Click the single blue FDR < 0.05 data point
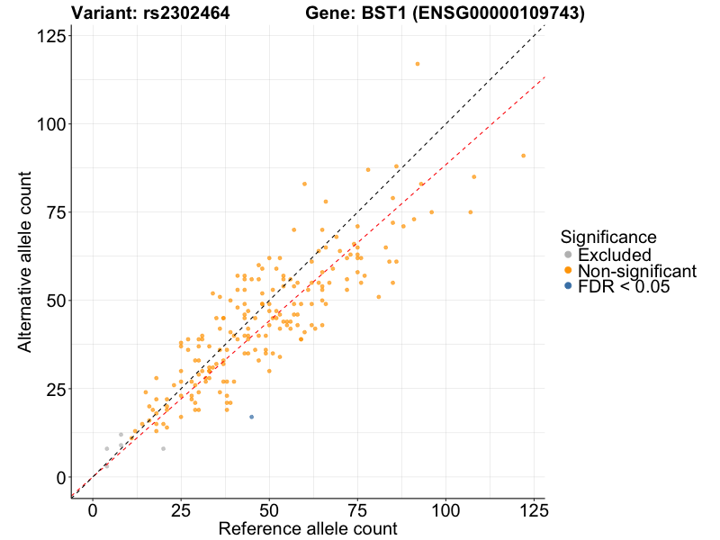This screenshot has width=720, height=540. pyautogui.click(x=251, y=417)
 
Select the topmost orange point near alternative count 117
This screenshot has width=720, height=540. pyautogui.click(x=417, y=64)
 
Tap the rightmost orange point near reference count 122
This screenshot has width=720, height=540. pyautogui.click(x=523, y=156)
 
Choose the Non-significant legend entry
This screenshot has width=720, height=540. pyautogui.click(x=636, y=271)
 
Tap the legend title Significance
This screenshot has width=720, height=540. pyautogui.click(x=608, y=237)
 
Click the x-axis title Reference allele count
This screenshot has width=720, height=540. pyautogui.click(x=308, y=528)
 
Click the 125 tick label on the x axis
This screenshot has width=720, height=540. pyautogui.click(x=534, y=510)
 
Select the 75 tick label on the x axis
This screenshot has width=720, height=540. pyautogui.click(x=357, y=510)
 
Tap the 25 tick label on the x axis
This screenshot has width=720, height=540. pyautogui.click(x=181, y=510)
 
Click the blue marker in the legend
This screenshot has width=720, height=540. pyautogui.click(x=567, y=287)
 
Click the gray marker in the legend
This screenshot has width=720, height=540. pyautogui.click(x=567, y=255)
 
